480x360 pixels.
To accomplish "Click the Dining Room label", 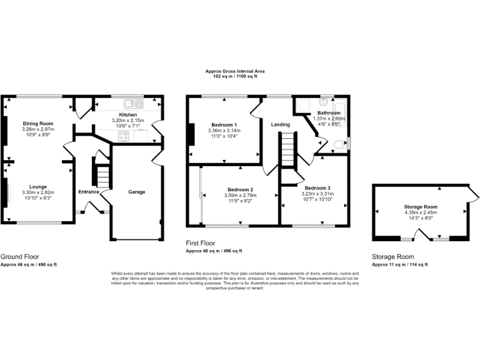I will [x=38, y=124].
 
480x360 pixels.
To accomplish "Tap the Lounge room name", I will [x=38, y=186].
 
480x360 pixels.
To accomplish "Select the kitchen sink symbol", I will [x=132, y=103].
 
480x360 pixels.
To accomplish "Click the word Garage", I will [x=137, y=192].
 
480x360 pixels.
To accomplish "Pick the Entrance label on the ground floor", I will [x=88, y=192].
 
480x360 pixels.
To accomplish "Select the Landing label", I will [x=280, y=124].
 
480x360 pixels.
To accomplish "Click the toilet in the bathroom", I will [x=339, y=144].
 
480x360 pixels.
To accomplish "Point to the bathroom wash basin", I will [x=324, y=102].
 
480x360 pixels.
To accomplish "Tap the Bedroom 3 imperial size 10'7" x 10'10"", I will [x=319, y=199].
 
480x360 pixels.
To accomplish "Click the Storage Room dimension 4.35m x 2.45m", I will [x=421, y=212].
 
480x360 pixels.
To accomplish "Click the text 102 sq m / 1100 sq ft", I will [x=235, y=76].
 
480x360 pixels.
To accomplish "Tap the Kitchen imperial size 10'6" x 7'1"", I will [x=127, y=125].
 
